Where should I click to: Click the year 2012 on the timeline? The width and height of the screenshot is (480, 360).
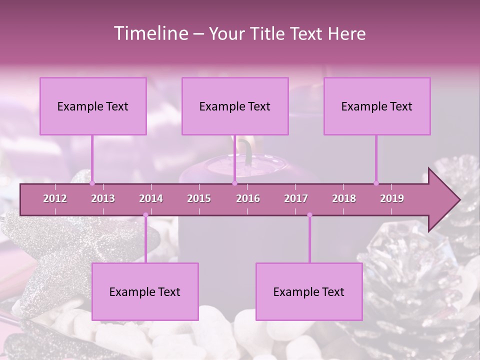pyautogui.click(x=55, y=198)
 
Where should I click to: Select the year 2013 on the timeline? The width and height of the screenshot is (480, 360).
pyautogui.click(x=103, y=198)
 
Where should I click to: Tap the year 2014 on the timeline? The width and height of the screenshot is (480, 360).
pyautogui.click(x=151, y=198)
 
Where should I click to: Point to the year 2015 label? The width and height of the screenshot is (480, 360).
pyautogui.click(x=199, y=198)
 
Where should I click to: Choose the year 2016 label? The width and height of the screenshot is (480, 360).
pyautogui.click(x=248, y=198)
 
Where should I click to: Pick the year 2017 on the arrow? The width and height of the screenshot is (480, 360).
pyautogui.click(x=296, y=198)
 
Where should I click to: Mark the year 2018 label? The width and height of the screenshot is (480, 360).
pyautogui.click(x=344, y=198)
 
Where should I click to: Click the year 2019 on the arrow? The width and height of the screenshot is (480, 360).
pyautogui.click(x=392, y=198)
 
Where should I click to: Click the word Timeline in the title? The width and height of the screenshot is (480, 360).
pyautogui.click(x=149, y=33)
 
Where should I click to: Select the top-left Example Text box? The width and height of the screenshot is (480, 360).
pyautogui.click(x=93, y=106)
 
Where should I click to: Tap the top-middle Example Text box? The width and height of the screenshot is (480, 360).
pyautogui.click(x=235, y=106)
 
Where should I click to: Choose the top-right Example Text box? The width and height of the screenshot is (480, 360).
pyautogui.click(x=377, y=106)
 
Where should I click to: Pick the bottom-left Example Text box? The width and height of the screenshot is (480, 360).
pyautogui.click(x=145, y=291)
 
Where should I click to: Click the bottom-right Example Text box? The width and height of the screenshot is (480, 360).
pyautogui.click(x=309, y=291)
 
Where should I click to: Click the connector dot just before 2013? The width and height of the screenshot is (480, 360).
pyautogui.click(x=92, y=183)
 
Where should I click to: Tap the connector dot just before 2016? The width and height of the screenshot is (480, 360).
pyautogui.click(x=234, y=183)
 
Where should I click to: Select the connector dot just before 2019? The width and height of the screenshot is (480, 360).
pyautogui.click(x=376, y=183)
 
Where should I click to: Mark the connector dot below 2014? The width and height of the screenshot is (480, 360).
pyautogui.click(x=145, y=215)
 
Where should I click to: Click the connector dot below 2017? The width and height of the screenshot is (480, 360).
pyautogui.click(x=309, y=215)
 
